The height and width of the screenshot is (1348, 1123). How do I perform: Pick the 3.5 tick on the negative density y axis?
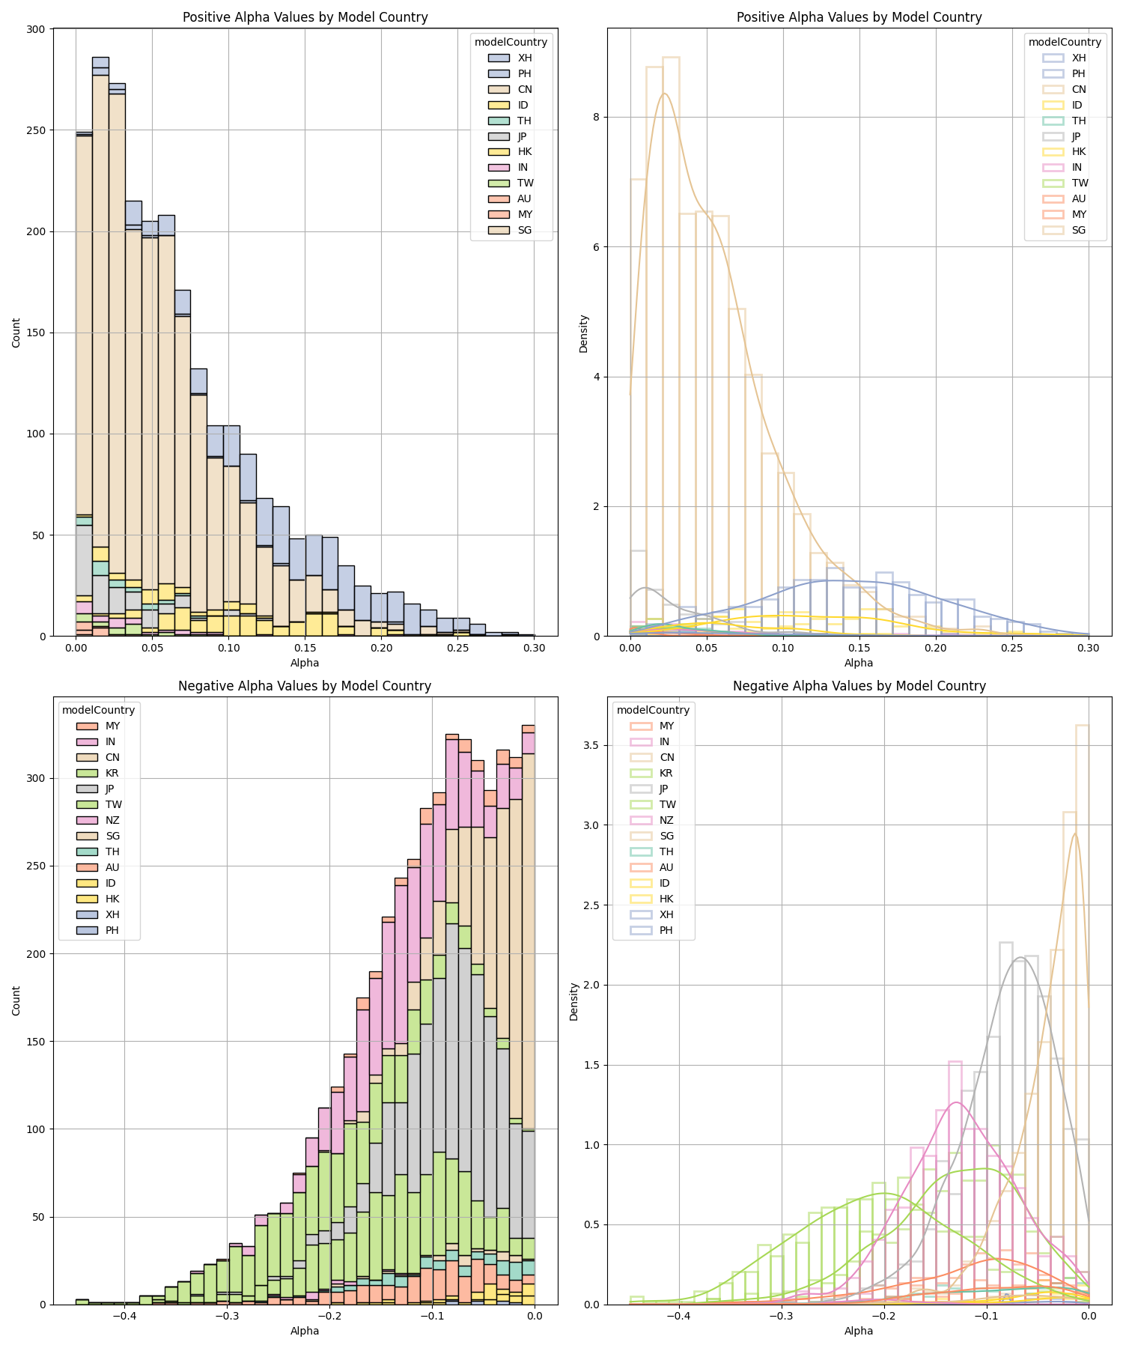tap(593, 745)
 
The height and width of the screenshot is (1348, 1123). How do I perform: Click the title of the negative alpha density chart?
tap(859, 686)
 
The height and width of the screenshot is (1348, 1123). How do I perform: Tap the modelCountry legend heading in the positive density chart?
tap(1065, 42)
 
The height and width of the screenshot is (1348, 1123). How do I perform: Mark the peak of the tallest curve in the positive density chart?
tap(664, 94)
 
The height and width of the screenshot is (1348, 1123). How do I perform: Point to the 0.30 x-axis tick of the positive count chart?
tap(534, 647)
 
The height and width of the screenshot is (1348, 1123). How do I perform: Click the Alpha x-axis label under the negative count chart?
tap(305, 1331)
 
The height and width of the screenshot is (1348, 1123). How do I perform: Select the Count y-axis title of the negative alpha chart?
tap(16, 1000)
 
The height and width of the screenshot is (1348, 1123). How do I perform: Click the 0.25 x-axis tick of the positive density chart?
tap(1012, 647)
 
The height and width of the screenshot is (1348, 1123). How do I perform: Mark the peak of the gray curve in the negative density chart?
tap(1020, 958)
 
